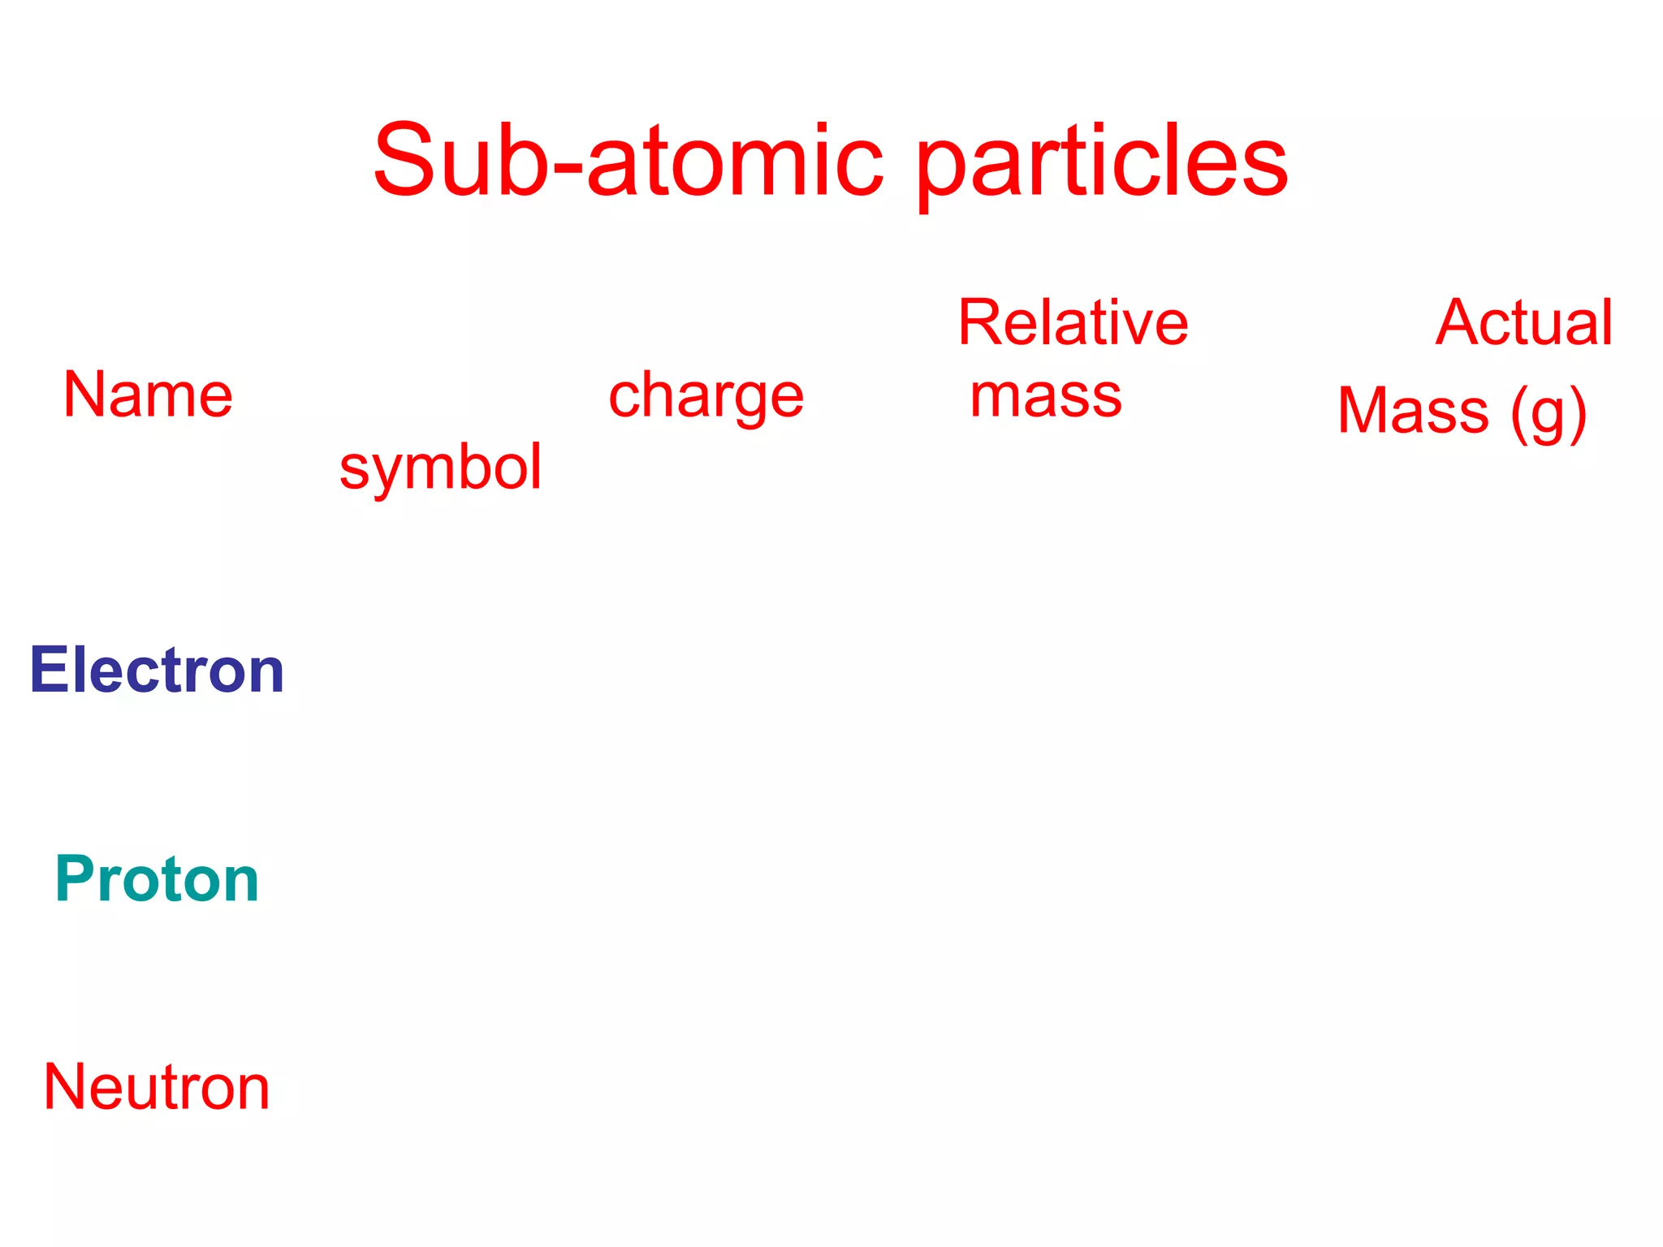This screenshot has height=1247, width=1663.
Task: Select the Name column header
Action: (148, 395)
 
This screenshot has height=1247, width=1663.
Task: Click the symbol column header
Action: (440, 468)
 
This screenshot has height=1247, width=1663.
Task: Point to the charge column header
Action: (706, 396)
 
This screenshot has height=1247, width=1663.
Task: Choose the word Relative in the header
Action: (1073, 322)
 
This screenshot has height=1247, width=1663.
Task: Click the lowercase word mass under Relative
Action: (1046, 396)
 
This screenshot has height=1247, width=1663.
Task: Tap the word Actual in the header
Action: (1524, 322)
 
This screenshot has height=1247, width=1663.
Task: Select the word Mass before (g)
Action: (1413, 411)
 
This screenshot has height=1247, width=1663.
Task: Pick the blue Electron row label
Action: (157, 671)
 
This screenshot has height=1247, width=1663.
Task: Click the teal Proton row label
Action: (157, 879)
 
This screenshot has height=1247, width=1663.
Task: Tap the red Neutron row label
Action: (157, 1087)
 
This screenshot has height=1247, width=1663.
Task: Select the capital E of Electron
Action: (47, 671)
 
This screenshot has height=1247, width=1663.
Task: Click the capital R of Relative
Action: (981, 322)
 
